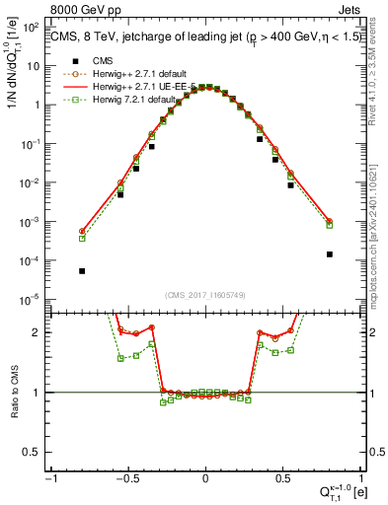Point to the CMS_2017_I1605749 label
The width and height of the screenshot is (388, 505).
[x=205, y=295]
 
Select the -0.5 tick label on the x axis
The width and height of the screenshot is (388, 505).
[x=127, y=477]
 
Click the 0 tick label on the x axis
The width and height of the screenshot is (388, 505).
[x=205, y=477]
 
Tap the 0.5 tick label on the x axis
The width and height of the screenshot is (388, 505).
[x=281, y=477]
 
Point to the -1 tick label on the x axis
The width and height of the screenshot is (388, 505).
[x=50, y=477]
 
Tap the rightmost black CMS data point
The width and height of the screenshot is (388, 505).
[x=329, y=253]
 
